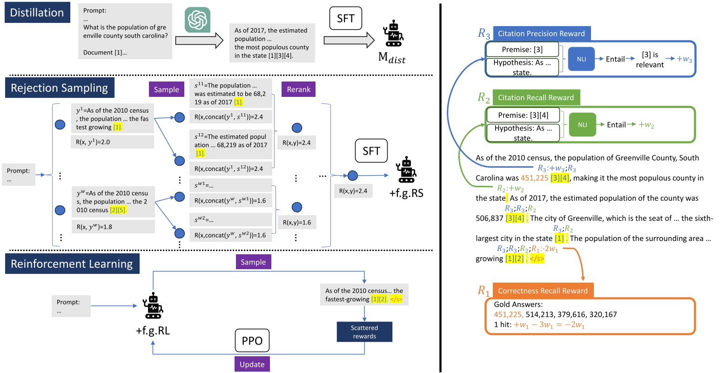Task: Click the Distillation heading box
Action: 37,13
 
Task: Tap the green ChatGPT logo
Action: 197,20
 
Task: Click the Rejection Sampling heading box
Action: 59,88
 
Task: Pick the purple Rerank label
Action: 298,89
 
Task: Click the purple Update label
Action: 252,364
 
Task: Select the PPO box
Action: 252,341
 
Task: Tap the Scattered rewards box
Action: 364,332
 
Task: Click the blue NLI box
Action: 581,59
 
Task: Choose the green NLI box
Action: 582,125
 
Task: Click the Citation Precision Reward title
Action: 541,34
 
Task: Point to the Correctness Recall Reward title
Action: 543,291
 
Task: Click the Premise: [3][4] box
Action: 523,115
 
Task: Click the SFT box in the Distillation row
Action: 345,19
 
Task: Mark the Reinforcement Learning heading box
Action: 72,264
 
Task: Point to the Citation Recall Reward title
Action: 536,97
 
